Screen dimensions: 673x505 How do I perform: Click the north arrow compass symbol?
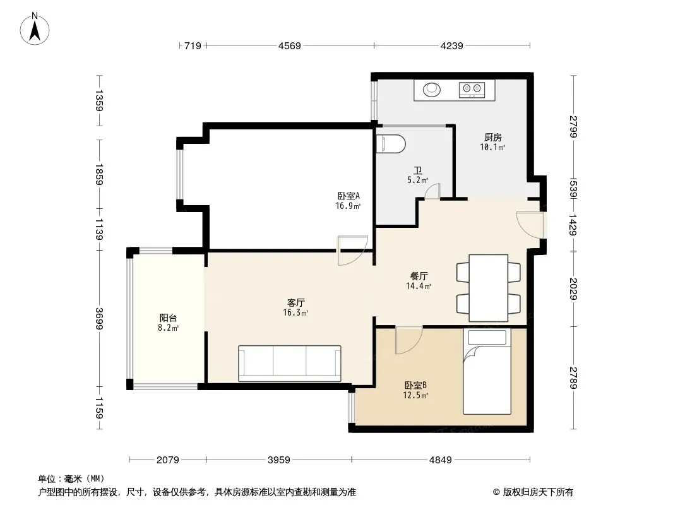coord(35,29)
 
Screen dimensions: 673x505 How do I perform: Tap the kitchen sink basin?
coord(432,90)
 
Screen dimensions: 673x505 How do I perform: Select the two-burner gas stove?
coord(472,90)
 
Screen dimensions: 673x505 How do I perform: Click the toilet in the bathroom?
coord(391,144)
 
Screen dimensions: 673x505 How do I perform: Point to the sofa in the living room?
coord(290,364)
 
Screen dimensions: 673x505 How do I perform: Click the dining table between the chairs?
coord(489,288)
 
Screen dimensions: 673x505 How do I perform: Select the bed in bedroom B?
coord(487,371)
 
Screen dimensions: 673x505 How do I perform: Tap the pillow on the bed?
coord(487,337)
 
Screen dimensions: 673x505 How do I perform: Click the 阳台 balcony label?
coord(168,318)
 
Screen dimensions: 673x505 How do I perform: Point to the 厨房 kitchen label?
coord(492,138)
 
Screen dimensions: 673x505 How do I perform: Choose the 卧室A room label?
coord(348,196)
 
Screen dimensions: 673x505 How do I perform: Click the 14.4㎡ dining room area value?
coord(419,286)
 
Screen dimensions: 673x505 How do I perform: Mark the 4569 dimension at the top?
coord(290,46)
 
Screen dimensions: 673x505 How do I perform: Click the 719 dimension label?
coord(193,46)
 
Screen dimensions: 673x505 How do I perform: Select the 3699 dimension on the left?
coord(99,319)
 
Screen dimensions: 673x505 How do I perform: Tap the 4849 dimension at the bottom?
coord(441,460)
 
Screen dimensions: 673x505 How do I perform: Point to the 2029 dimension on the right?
coord(573,288)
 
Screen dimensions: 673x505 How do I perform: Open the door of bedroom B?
coord(408,340)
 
